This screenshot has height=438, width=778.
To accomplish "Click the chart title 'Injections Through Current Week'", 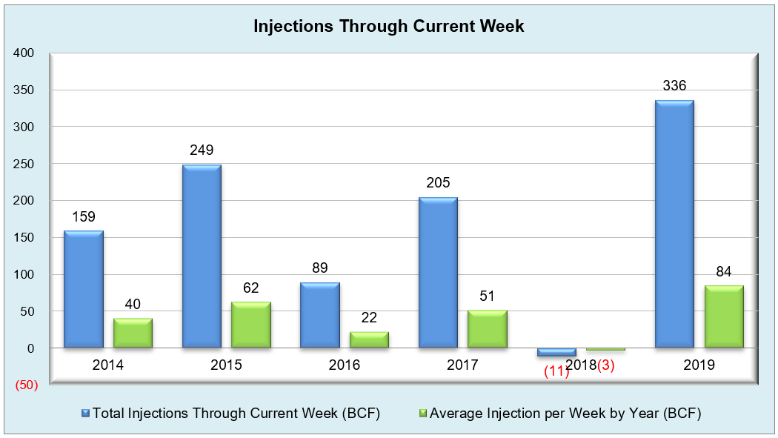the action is [x=388, y=26].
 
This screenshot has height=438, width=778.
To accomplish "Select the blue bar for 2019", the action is [x=674, y=224].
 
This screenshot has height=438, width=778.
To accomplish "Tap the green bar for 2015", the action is [x=251, y=325].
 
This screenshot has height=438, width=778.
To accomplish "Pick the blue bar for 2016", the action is [x=320, y=315].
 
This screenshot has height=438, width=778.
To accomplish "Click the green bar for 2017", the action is [x=488, y=329].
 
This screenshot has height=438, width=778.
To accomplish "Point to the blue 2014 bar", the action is [x=83, y=289].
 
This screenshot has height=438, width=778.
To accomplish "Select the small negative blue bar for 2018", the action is [x=556, y=352].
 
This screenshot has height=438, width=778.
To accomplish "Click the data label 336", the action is [x=674, y=86].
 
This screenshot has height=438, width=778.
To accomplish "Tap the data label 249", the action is [x=202, y=150].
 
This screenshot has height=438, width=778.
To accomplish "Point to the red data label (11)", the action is [x=556, y=371].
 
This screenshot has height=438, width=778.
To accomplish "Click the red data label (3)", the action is [x=606, y=365].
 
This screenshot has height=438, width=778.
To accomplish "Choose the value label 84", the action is [x=723, y=271].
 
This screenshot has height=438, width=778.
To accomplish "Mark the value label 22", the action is [x=369, y=317].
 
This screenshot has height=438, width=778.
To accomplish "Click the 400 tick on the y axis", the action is [x=23, y=53].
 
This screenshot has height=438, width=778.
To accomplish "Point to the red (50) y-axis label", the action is [x=26, y=385].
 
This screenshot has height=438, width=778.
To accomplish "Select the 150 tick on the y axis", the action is [x=23, y=238].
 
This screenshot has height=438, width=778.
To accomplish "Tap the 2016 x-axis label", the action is [x=345, y=365].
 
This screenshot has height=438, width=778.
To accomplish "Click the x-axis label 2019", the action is [x=699, y=365].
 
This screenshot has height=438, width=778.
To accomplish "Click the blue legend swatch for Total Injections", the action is [x=85, y=414].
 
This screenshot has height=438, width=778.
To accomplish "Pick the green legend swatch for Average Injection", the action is [x=423, y=414].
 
